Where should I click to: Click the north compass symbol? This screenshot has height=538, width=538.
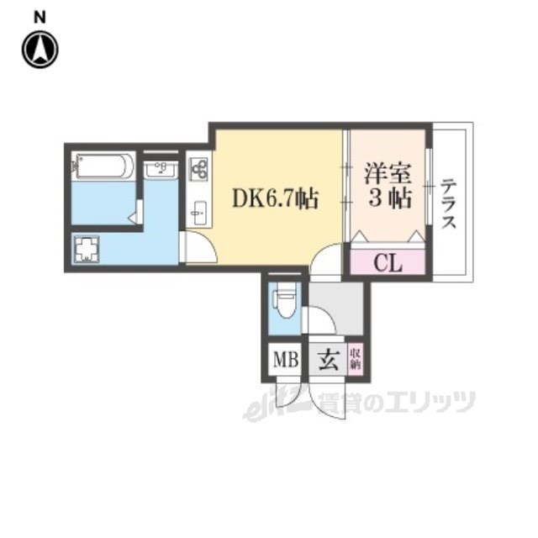click(40, 50)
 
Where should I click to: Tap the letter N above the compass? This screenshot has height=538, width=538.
click(40, 17)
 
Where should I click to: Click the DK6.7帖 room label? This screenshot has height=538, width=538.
click(276, 198)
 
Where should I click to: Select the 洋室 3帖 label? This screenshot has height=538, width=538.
click(388, 186)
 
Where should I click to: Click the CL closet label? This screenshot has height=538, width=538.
click(388, 263)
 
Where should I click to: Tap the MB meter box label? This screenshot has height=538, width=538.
click(286, 360)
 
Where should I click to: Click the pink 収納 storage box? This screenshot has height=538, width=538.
click(355, 360)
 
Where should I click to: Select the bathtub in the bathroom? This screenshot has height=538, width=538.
click(103, 166)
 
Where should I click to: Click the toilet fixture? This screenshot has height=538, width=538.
click(283, 303)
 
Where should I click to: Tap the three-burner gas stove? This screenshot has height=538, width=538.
click(199, 169)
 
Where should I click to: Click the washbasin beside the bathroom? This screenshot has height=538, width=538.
click(161, 170)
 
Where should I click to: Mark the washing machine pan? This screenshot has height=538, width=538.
click(86, 249)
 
